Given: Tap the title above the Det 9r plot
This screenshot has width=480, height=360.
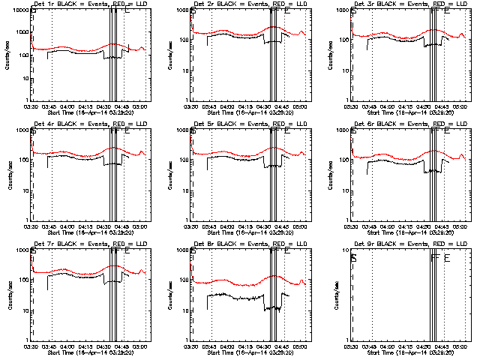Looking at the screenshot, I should tap(403, 245).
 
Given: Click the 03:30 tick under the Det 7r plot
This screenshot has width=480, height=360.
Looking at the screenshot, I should tap(31, 346).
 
